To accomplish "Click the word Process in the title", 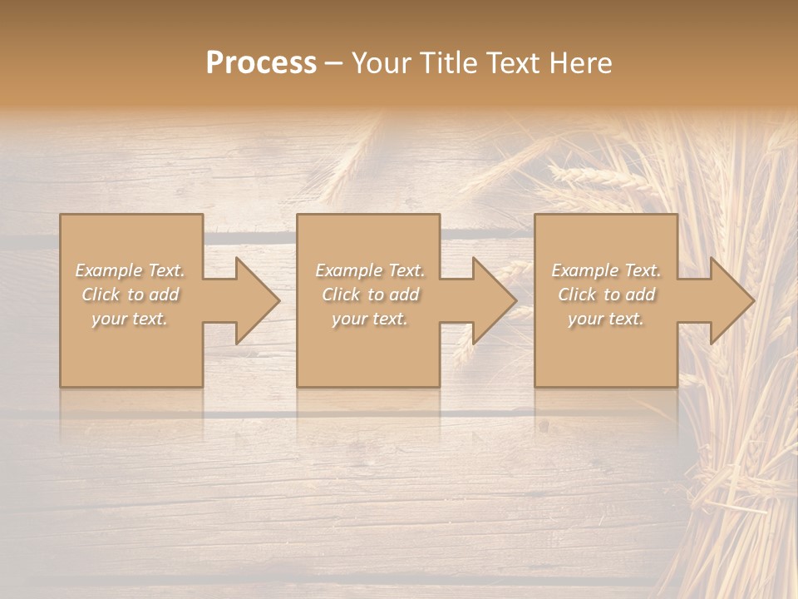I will point(261,62).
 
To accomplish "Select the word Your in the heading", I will point(383,62).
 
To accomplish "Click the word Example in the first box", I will point(109,270).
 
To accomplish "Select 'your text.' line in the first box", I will point(130,319).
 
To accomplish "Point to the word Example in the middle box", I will point(348,270).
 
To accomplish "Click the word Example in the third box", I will point(585,270).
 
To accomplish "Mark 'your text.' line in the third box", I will point(606,319).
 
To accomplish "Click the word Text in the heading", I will point(513,62).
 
